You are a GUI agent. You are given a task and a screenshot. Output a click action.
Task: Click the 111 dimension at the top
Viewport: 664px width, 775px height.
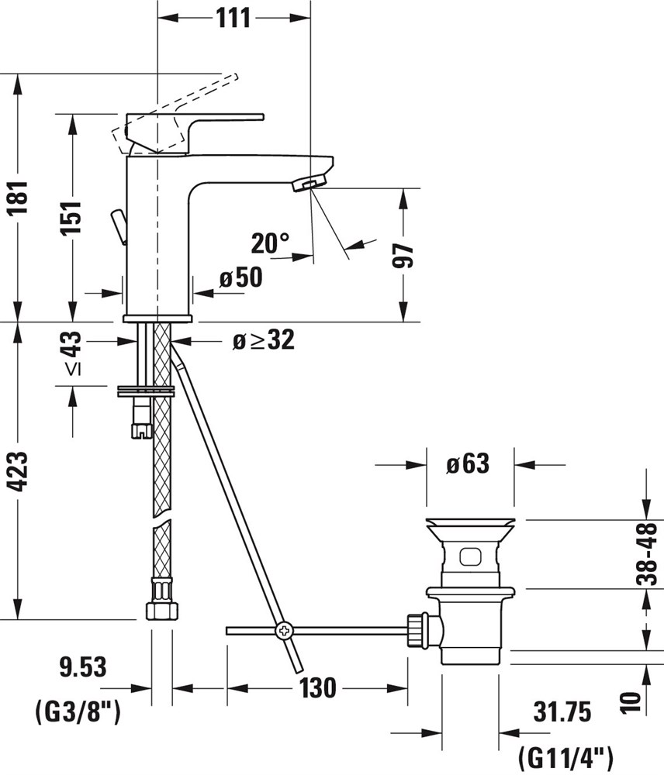233,19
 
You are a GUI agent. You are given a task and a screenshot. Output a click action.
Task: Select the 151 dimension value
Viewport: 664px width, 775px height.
71,218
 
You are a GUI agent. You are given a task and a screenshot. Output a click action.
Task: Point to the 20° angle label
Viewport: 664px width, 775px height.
270,243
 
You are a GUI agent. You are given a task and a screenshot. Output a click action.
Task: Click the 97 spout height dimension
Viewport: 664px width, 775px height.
403,256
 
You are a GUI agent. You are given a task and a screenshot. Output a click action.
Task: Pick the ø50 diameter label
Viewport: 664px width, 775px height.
241,277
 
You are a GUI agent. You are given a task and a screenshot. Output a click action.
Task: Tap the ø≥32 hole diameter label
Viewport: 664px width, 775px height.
264,340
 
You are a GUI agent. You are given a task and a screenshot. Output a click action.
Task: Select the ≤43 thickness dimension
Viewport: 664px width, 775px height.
72,354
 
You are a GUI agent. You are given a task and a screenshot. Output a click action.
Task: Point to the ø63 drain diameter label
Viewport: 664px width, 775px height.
468,464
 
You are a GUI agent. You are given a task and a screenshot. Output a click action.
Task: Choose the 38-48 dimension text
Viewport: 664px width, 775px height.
647,554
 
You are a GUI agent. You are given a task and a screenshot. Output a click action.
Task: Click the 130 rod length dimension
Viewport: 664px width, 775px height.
317,688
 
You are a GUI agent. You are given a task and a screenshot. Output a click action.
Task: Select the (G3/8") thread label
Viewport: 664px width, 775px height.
78,713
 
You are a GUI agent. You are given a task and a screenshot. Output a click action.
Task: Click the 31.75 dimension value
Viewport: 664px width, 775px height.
562,713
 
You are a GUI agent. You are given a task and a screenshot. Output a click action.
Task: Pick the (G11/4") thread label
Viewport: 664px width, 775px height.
566,757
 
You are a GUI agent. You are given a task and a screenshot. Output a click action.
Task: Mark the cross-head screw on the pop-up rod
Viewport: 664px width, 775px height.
285,631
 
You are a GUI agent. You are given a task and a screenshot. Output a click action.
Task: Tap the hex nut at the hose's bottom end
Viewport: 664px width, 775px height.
161,610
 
